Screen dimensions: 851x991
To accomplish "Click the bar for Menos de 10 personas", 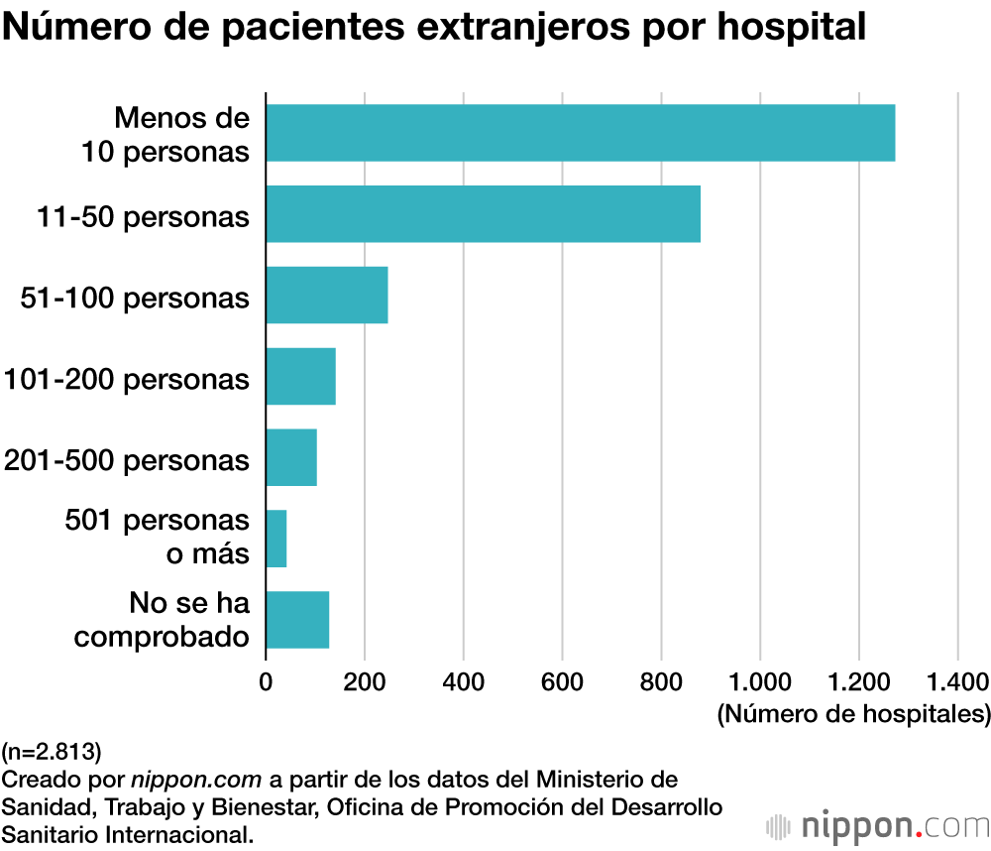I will [581, 133].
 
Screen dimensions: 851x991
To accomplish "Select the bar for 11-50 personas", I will [484, 214].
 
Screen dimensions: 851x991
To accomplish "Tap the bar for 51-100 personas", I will [327, 296].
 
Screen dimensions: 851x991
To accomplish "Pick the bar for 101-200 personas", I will [301, 377].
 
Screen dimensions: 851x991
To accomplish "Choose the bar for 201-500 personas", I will [291, 458].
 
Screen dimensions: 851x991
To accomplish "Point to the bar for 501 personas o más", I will [276, 540].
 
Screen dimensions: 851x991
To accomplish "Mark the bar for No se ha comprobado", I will [297, 620].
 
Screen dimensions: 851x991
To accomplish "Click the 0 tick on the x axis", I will [266, 682].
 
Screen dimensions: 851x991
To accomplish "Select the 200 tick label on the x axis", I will [365, 682].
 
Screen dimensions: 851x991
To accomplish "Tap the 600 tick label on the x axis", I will [562, 682].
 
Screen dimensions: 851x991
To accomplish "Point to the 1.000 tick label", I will [760, 682].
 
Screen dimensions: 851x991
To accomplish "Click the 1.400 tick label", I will [957, 682].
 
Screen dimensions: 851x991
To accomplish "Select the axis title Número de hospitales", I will [853, 713].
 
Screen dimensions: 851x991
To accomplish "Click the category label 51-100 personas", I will [135, 298].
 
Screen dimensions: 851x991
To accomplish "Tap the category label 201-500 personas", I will [127, 460].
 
